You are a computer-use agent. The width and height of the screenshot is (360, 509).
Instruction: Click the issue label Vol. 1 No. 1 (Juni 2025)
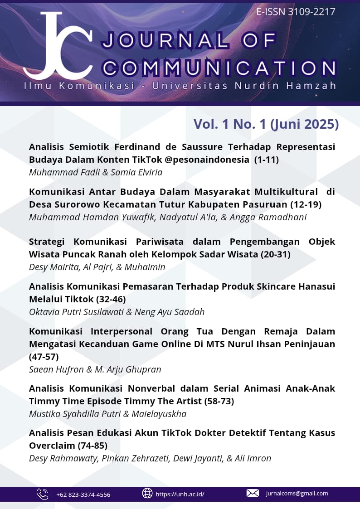point(266,124)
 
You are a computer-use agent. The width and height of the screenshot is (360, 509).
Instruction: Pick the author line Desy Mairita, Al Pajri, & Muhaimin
point(97,267)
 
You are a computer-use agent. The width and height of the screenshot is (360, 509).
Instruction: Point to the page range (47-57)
point(44,357)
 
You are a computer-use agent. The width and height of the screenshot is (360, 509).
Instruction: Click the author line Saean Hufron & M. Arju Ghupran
point(95,369)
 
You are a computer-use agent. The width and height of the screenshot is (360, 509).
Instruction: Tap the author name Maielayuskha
point(158,414)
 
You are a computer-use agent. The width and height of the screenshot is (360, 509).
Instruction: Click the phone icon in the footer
point(42,494)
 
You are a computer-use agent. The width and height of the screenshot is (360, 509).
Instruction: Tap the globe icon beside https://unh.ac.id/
point(147,494)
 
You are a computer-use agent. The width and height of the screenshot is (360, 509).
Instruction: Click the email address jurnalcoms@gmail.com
point(297,494)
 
